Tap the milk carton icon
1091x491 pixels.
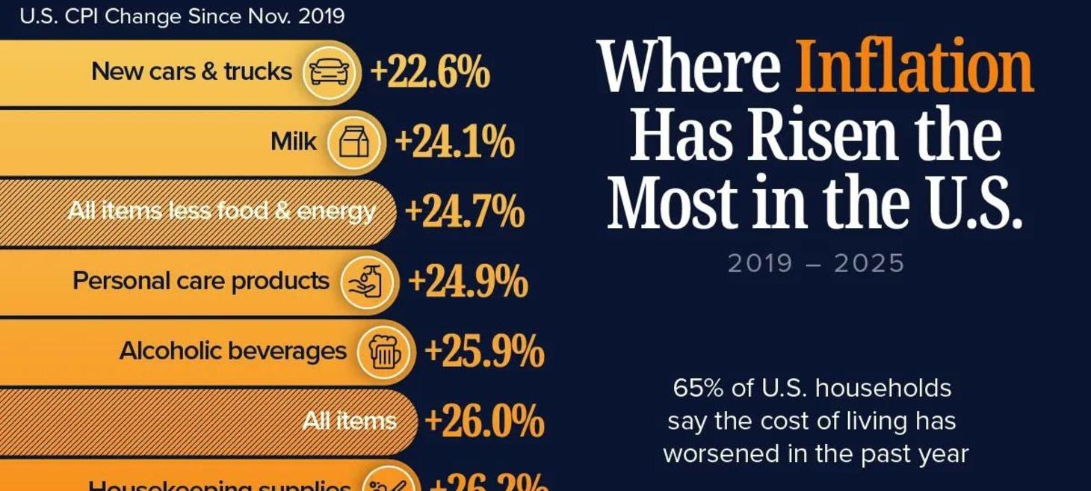354,142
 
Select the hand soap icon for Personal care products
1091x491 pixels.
368,282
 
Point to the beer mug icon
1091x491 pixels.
384,351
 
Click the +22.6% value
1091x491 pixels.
430,73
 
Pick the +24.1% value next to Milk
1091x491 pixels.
454,143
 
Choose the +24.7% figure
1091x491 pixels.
464,212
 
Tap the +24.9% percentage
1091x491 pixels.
468,282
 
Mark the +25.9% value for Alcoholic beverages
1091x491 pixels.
483,352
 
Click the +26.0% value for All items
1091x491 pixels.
483,421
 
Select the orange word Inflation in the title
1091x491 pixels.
914,67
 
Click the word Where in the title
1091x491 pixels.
689,67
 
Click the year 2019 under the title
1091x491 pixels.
759,264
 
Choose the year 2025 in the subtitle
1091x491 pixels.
872,264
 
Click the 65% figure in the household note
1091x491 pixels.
696,389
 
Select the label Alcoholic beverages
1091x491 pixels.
232,351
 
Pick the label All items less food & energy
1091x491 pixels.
221,212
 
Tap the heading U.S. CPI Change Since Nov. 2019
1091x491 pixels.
182,16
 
